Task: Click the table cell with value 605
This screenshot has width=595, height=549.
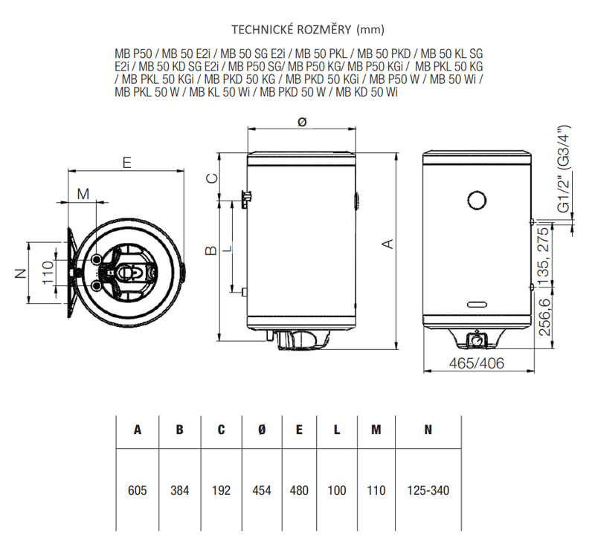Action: coord(137,490)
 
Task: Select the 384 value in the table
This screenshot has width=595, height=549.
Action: coord(179,490)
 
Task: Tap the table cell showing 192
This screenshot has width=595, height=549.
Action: coord(221,490)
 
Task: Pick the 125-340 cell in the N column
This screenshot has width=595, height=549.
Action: coord(428,490)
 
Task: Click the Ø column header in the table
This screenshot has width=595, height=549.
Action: coord(262,429)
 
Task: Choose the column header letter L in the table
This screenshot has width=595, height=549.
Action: coord(337,429)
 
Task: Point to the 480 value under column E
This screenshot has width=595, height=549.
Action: coord(299,490)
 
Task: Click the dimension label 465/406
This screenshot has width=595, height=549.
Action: coord(477,363)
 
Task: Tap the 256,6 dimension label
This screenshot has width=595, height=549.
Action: coord(544,317)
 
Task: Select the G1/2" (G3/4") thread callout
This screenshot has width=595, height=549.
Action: coord(564,169)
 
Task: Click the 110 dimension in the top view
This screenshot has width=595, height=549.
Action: coord(48,272)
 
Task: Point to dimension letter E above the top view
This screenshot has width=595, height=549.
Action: coord(126,163)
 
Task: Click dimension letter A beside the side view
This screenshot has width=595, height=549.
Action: coord(387,244)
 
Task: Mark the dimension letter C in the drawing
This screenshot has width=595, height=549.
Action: coord(212,178)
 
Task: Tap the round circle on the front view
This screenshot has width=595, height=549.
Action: coord(477,200)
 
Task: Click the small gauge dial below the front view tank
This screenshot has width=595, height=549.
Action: coord(476,339)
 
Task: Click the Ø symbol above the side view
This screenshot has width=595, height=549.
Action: coord(302,122)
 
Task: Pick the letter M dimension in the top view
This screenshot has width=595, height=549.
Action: coord(83,194)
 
